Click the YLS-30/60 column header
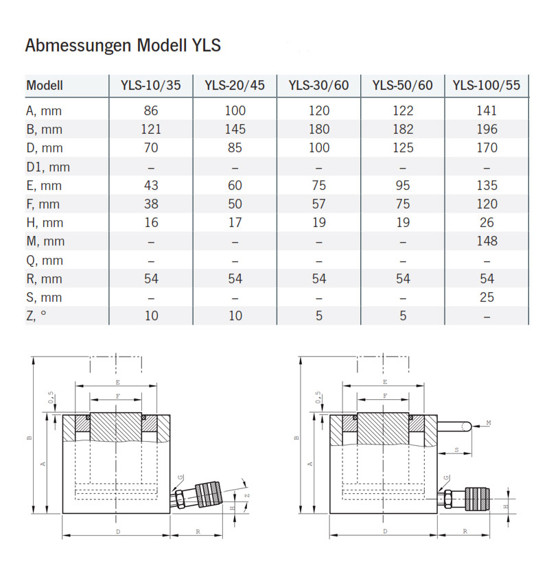[x=318, y=86]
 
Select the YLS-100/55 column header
[x=487, y=86]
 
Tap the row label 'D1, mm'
[x=48, y=167]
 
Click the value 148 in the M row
[x=487, y=241]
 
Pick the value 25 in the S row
[x=487, y=297]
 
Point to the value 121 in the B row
[x=151, y=129]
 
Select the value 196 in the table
[x=487, y=129]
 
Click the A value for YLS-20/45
[x=235, y=110]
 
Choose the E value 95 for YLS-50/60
[x=403, y=185]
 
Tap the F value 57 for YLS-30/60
[x=318, y=204]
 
